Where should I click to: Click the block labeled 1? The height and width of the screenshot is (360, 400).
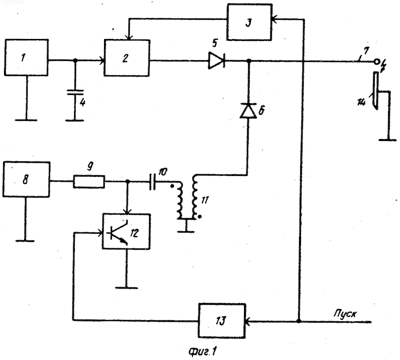(x=26, y=57)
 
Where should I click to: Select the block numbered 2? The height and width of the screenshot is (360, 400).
(x=127, y=58)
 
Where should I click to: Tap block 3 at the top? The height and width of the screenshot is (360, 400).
(x=249, y=22)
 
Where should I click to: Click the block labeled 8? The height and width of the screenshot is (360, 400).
(x=26, y=179)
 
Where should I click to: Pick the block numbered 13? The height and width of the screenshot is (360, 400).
(x=221, y=320)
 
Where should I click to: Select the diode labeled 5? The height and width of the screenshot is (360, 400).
(x=216, y=60)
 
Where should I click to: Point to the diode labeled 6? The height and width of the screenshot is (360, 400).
(x=248, y=110)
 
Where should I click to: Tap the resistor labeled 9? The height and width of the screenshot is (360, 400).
(x=89, y=181)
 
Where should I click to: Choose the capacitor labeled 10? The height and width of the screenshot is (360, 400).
(x=152, y=181)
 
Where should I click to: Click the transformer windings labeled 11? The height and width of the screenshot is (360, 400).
(x=188, y=197)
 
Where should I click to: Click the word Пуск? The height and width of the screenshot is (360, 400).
(x=345, y=313)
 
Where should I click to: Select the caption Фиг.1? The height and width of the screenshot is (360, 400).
(x=203, y=352)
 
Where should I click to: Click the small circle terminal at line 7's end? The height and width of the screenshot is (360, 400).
(x=376, y=61)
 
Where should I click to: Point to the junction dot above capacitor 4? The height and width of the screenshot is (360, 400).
(x=75, y=60)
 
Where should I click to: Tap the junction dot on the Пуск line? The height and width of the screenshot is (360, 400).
(x=298, y=320)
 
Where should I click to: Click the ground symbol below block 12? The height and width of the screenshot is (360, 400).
(x=126, y=287)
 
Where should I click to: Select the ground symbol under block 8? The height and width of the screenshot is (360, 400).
(x=25, y=240)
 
